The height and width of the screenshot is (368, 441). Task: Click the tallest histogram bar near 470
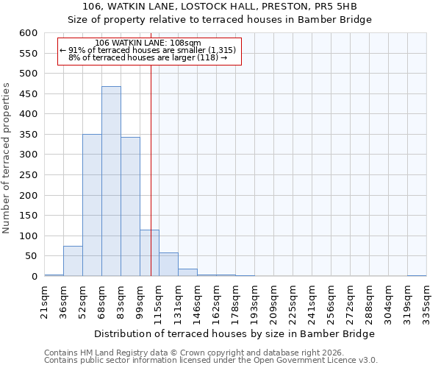111,181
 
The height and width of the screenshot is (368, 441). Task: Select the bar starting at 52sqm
92,205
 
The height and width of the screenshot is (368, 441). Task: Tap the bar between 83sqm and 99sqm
130,207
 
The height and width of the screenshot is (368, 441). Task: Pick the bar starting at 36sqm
73,261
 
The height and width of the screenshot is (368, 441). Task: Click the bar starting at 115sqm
168,265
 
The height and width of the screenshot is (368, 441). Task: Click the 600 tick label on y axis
28,33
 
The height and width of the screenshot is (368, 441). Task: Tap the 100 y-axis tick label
28,236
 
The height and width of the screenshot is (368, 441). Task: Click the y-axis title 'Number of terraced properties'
7,158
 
